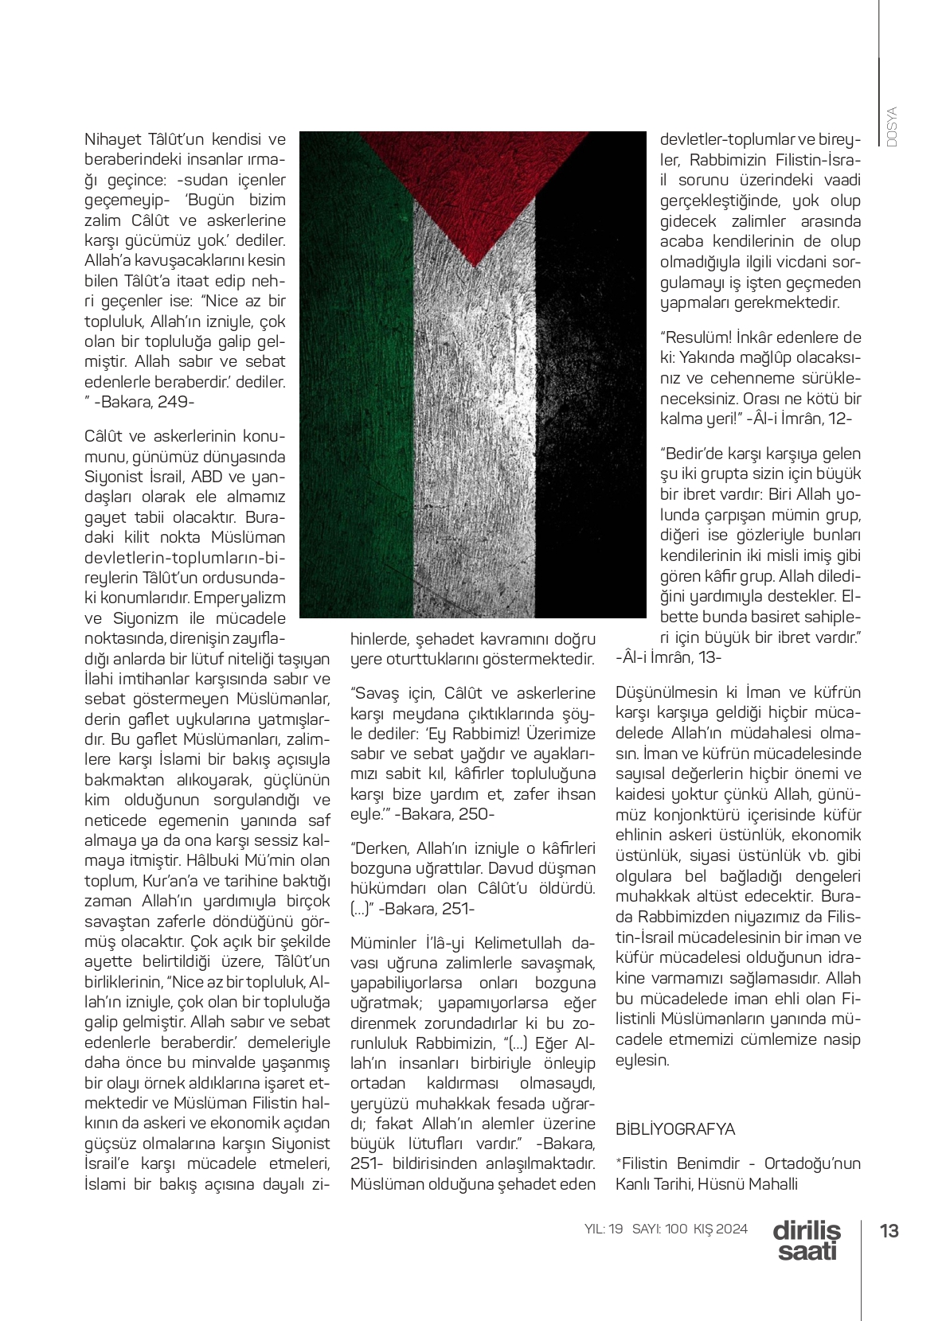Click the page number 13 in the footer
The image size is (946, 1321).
889,1231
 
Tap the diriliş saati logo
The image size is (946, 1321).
807,1241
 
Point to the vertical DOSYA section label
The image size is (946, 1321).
892,127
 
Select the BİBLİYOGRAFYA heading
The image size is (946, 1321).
674,1129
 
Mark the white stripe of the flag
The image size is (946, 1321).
473,438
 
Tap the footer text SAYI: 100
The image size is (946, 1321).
659,1229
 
